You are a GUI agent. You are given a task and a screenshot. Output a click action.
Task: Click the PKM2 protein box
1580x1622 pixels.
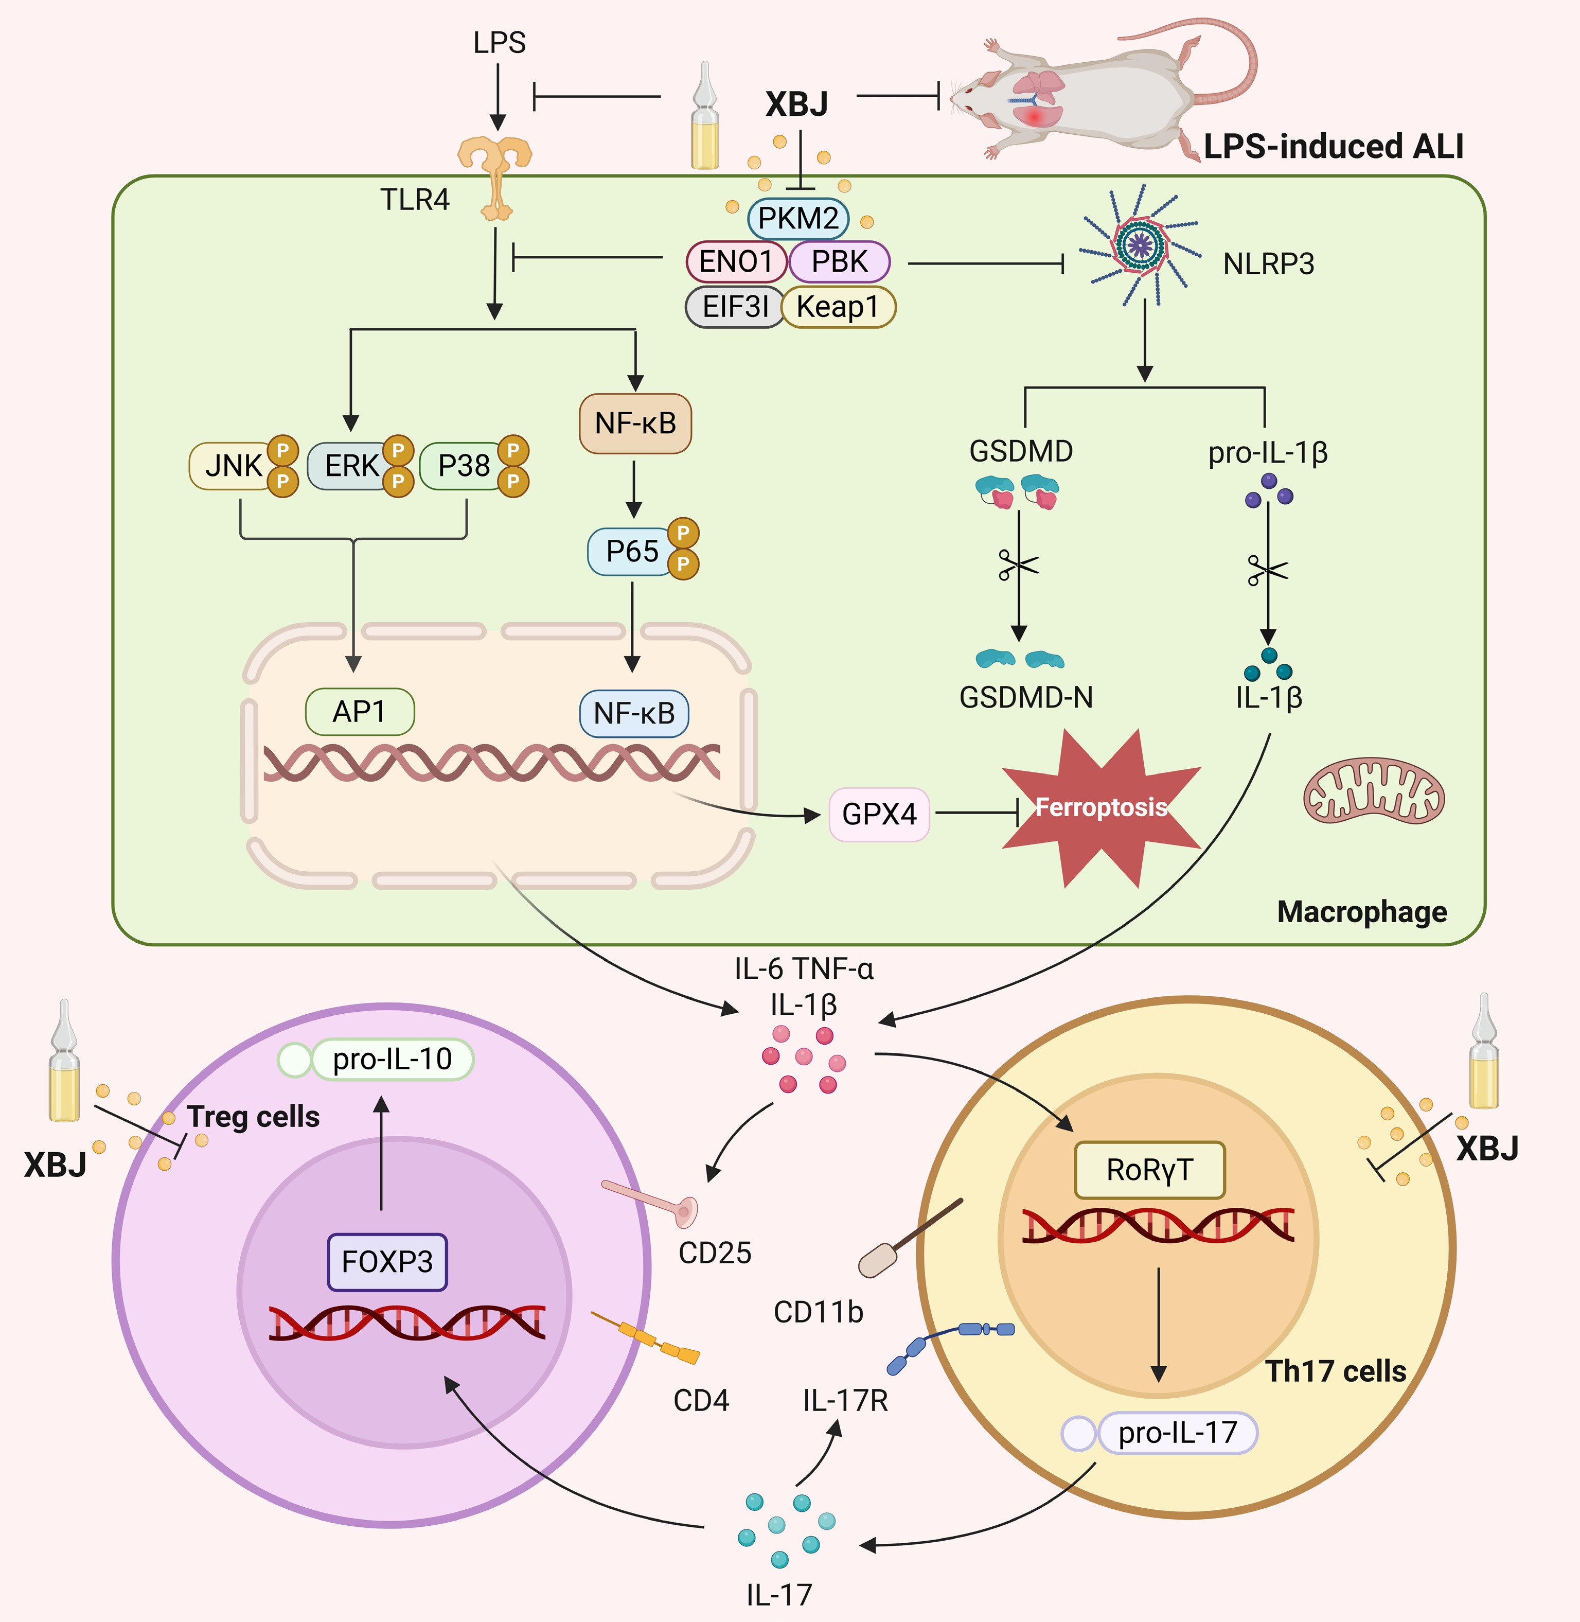[x=797, y=218]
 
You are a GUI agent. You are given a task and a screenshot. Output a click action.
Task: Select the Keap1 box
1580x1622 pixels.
[x=838, y=307]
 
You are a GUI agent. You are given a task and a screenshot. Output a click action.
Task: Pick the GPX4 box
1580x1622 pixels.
[x=879, y=814]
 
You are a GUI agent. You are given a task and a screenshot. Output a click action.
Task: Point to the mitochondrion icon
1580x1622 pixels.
[x=1373, y=790]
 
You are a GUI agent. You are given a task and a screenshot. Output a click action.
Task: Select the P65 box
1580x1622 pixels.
[x=631, y=551]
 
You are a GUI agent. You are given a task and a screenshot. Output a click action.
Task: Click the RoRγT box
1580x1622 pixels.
[x=1149, y=1170]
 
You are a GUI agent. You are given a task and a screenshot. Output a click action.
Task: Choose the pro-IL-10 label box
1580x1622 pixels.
[x=392, y=1059]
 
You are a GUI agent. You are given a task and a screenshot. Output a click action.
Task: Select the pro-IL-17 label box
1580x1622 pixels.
[x=1177, y=1433]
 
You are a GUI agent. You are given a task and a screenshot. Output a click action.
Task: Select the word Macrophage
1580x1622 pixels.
[x=1362, y=911]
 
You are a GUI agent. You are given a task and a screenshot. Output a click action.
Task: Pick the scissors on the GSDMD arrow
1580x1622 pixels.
[x=1018, y=566]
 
